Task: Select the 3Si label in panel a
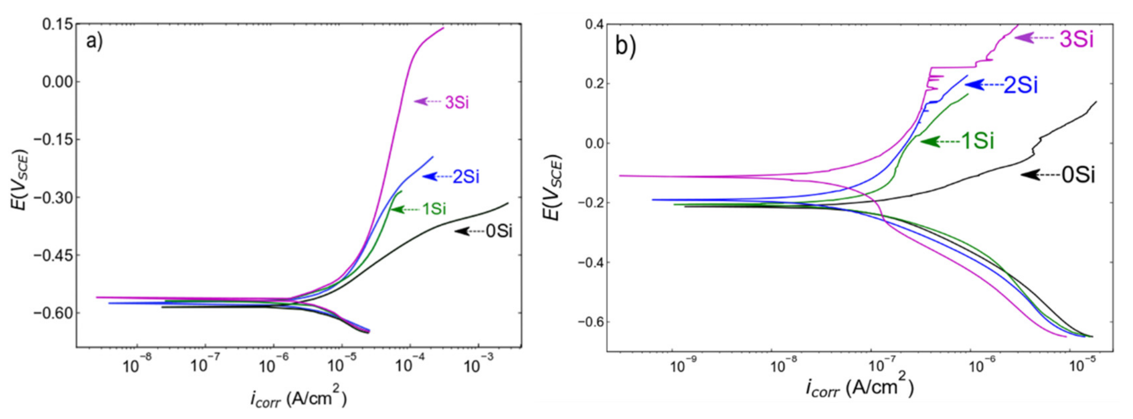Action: [x=457, y=102]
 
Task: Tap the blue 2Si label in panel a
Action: [x=466, y=177]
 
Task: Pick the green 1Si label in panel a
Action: [x=434, y=209]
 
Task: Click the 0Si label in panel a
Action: [x=499, y=231]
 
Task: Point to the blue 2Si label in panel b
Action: [x=1020, y=85]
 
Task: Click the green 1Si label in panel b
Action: [x=977, y=141]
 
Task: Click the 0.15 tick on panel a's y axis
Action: [x=57, y=24]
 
